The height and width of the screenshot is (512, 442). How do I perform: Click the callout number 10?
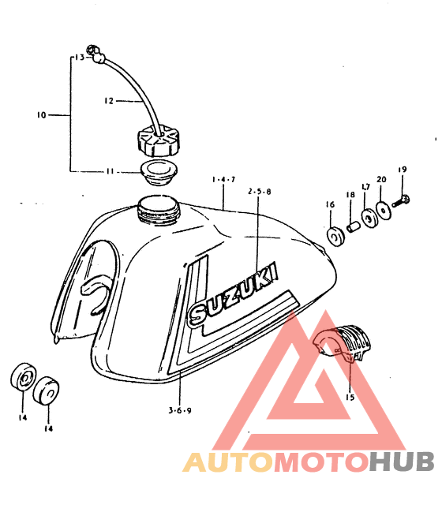42,115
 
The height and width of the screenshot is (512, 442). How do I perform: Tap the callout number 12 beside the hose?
109,101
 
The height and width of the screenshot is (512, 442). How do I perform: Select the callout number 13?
80,58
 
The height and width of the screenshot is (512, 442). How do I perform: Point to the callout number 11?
110,171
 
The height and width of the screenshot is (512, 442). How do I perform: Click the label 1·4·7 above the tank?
223,180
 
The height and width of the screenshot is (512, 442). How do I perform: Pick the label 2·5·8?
260,192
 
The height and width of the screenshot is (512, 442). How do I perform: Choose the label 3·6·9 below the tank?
180,410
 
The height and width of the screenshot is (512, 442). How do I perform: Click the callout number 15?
350,397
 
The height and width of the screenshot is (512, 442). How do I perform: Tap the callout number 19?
403,170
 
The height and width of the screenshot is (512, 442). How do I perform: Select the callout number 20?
381,179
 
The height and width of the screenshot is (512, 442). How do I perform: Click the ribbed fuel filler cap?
158,143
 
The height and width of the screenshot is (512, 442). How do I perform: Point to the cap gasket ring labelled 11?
159,173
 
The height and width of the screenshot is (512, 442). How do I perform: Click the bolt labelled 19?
401,201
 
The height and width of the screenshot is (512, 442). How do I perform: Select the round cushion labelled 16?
335,237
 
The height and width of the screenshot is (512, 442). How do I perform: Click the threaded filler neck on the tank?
158,210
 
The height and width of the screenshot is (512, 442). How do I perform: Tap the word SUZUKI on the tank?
234,294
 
